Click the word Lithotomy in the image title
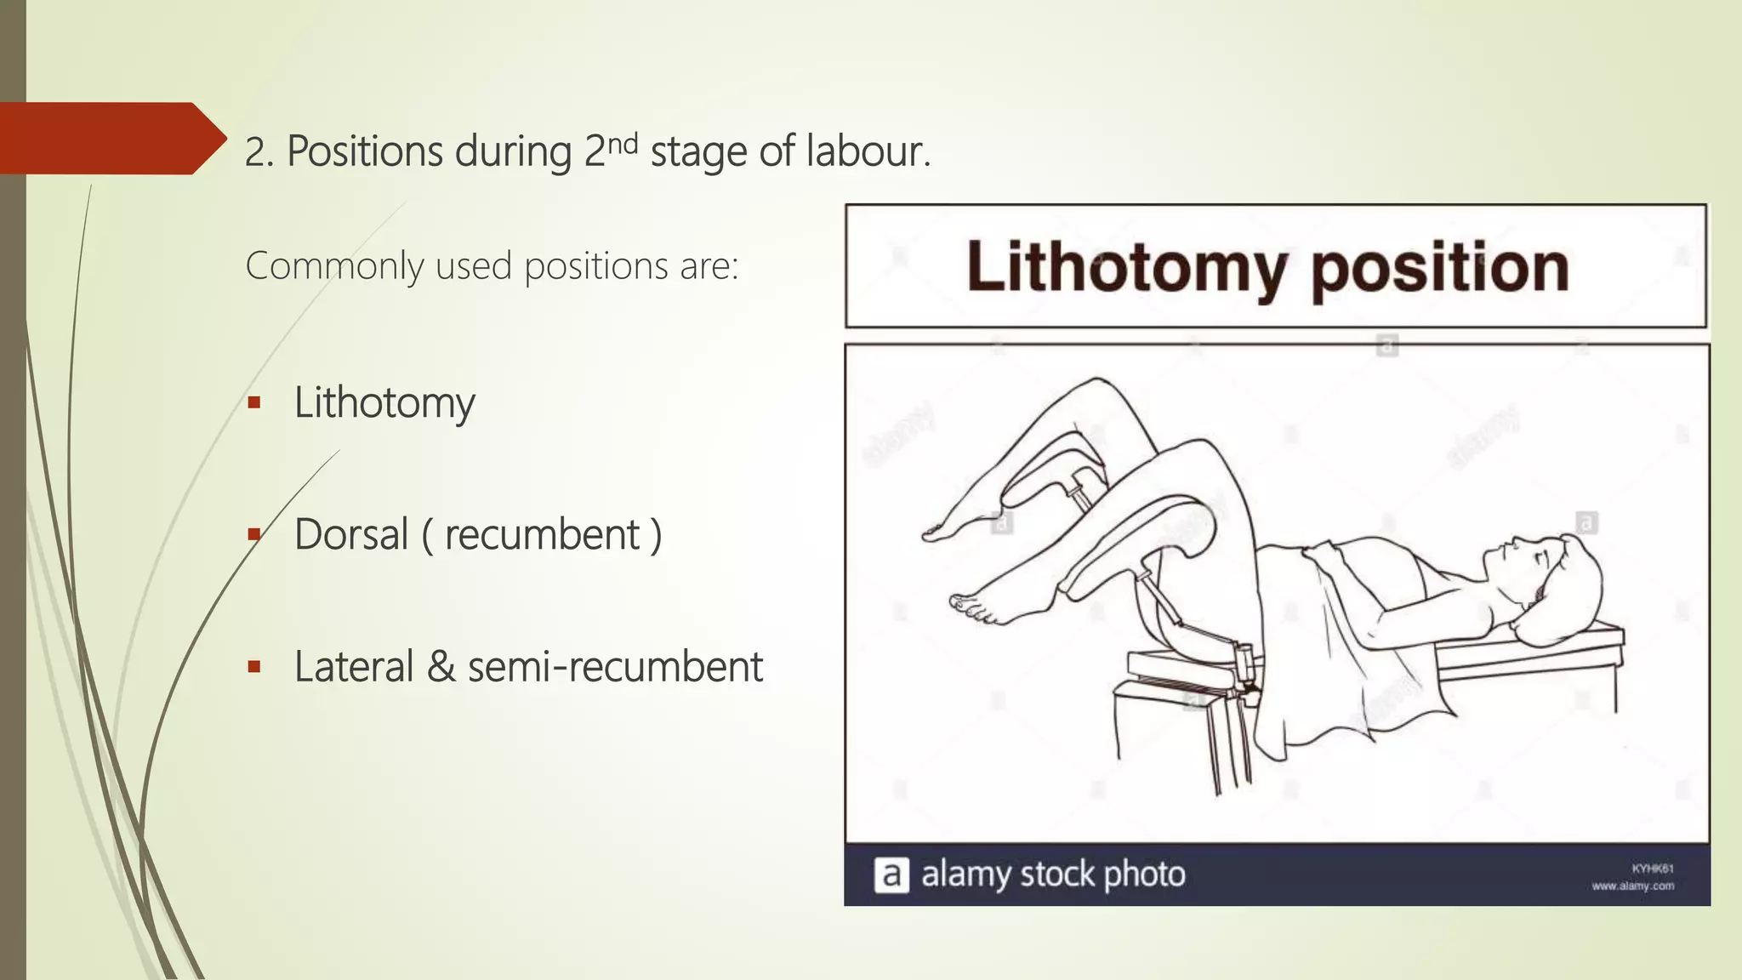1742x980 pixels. (1124, 267)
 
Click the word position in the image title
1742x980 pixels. (1439, 267)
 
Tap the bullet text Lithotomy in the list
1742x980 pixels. (384, 402)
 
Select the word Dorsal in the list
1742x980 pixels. (351, 534)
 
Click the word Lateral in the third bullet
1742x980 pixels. (353, 666)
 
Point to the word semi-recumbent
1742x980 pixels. (615, 666)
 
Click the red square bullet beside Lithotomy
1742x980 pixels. (253, 402)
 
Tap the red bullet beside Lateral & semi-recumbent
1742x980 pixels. (253, 666)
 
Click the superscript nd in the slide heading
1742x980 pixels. (623, 141)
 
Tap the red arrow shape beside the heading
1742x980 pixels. (111, 138)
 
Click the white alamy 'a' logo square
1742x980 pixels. (891, 875)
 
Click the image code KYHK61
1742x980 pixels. (1652, 869)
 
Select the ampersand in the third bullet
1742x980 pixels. (441, 666)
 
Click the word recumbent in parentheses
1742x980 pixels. (542, 534)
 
